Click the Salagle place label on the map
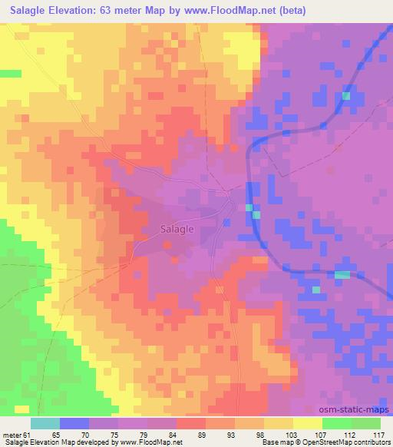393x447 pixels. pyautogui.click(x=177, y=228)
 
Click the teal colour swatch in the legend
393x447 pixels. pyautogui.click(x=45, y=423)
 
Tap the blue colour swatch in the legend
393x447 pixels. pyautogui.click(x=74, y=423)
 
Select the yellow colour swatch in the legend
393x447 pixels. pyautogui.click(x=307, y=423)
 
